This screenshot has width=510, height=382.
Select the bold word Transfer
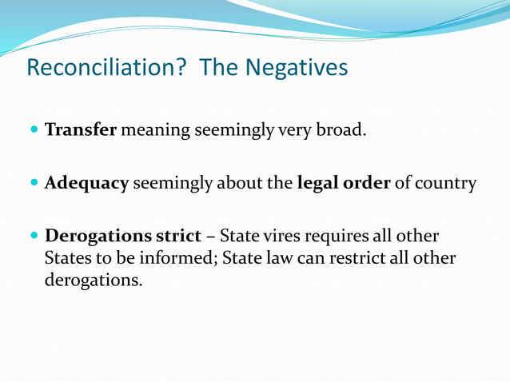81,129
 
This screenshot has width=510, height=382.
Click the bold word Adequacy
86,183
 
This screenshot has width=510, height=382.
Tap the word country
446,183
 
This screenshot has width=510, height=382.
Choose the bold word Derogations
98,237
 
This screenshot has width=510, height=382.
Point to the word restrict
357,259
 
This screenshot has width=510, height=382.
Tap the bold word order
369,183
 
